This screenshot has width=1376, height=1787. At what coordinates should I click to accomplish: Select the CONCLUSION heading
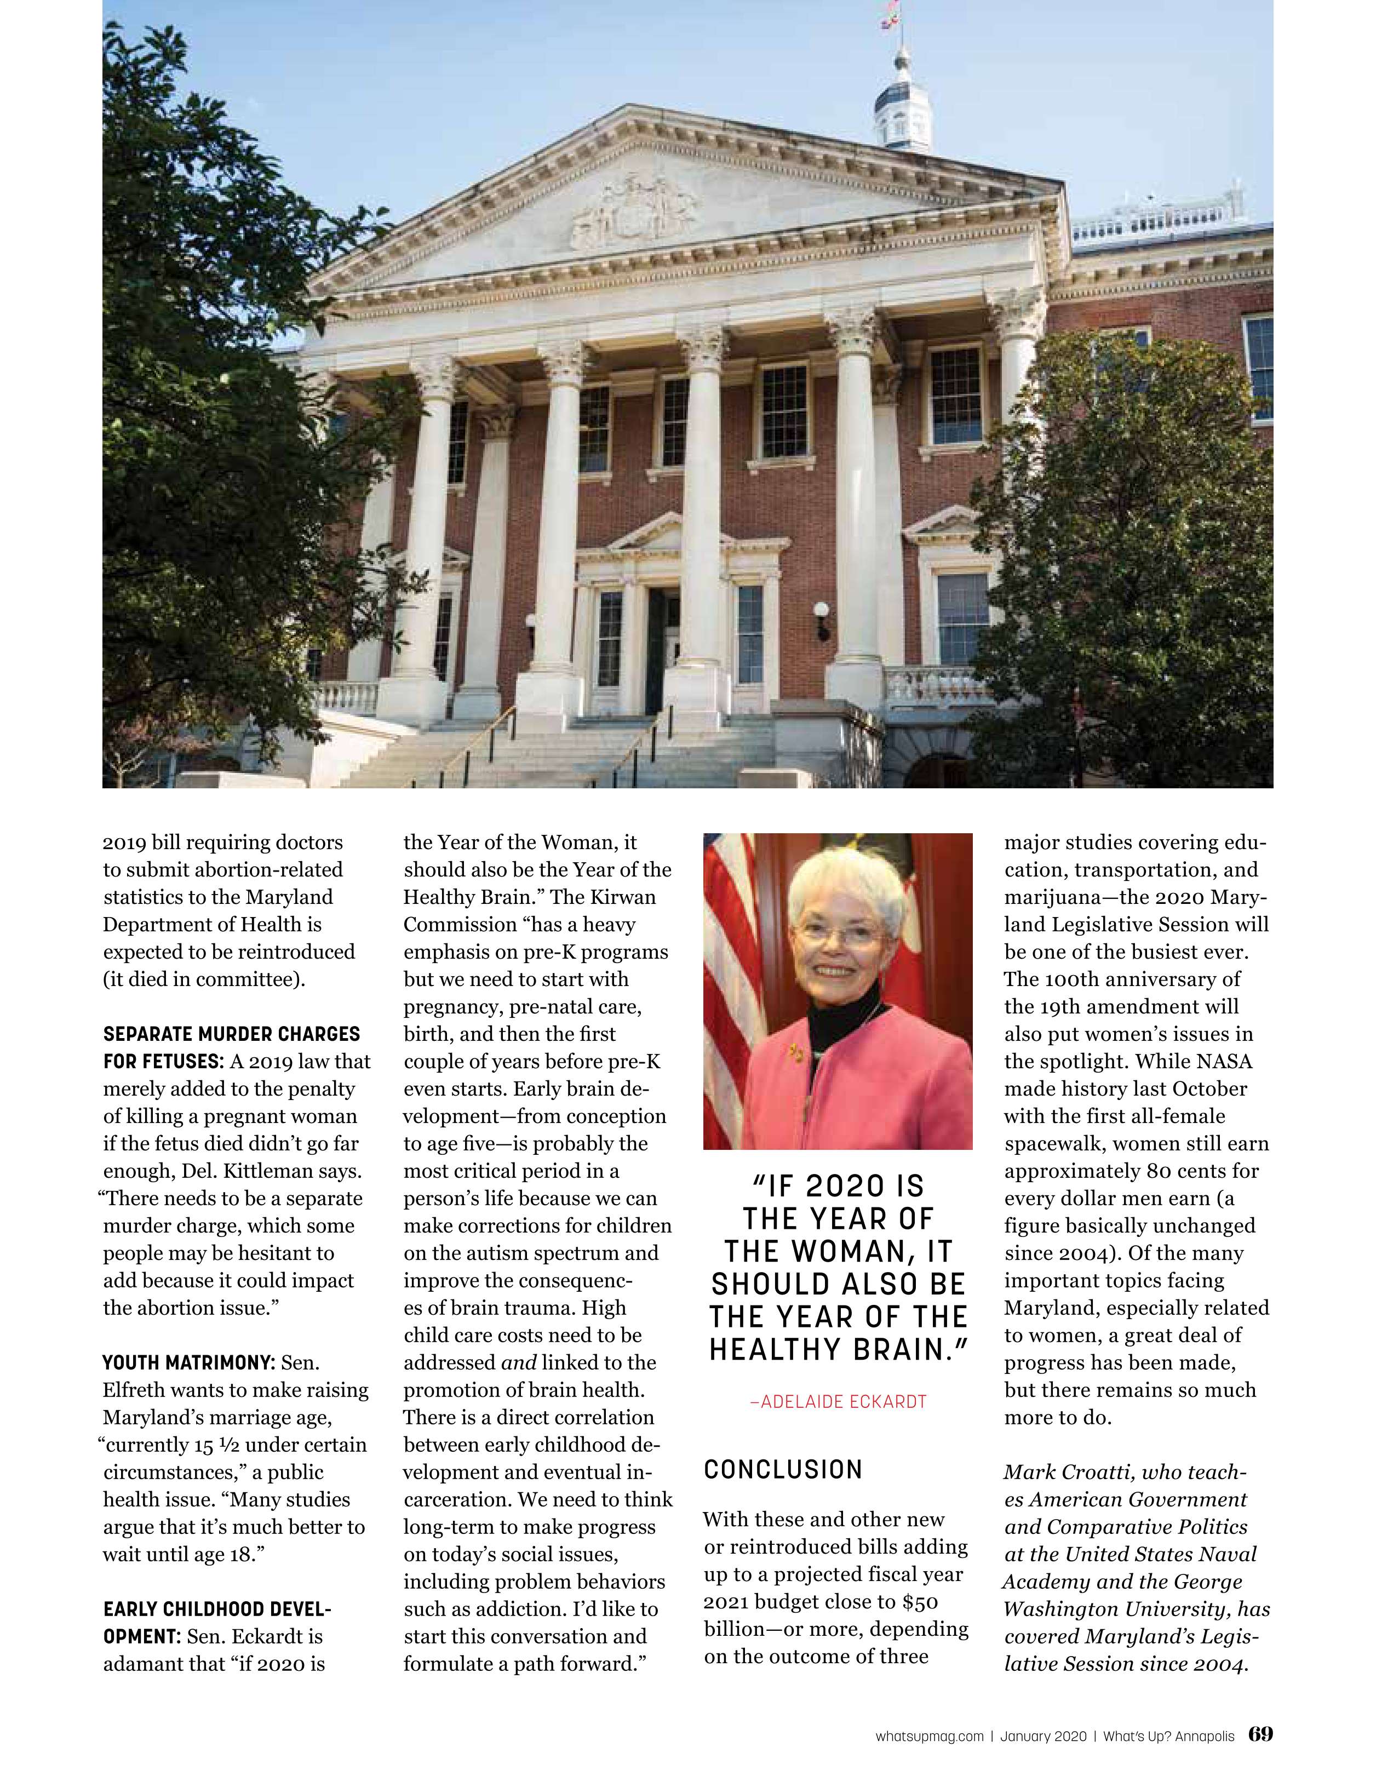pos(783,1469)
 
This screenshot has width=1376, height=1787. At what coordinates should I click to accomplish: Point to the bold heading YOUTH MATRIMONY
pos(187,1363)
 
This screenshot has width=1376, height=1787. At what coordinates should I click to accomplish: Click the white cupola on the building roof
pos(902,114)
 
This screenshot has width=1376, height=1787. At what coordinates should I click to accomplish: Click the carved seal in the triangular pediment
pos(635,214)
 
